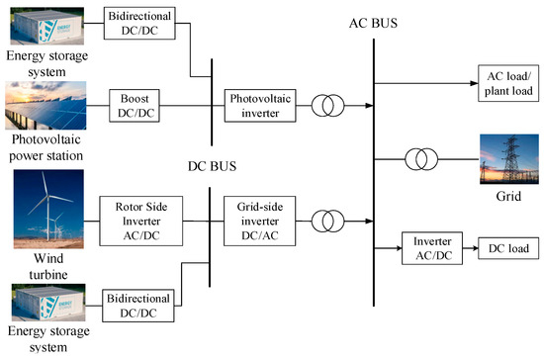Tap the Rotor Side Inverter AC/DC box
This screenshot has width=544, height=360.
click(136, 214)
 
